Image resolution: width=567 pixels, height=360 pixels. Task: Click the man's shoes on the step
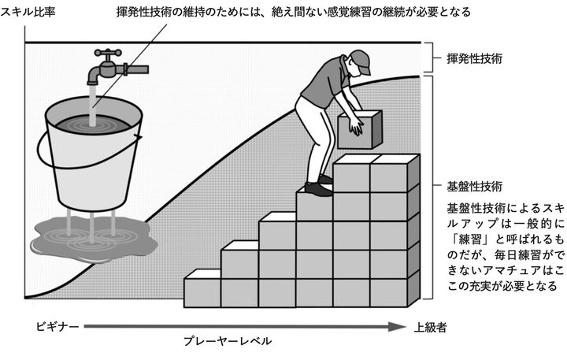click(x=318, y=187)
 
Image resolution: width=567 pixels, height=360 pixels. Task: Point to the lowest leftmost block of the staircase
click(x=202, y=292)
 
